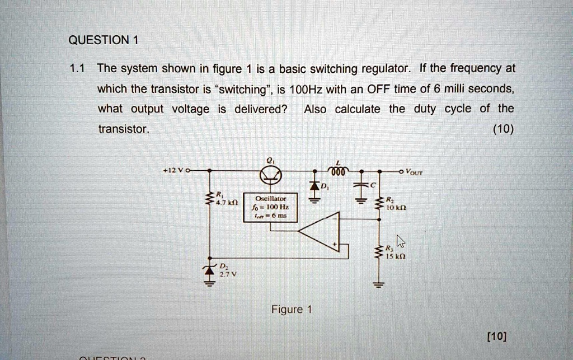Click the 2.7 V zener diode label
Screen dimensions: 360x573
coord(224,274)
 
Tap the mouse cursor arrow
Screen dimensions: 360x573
coord(400,241)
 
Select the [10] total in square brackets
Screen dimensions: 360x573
coord(496,336)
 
